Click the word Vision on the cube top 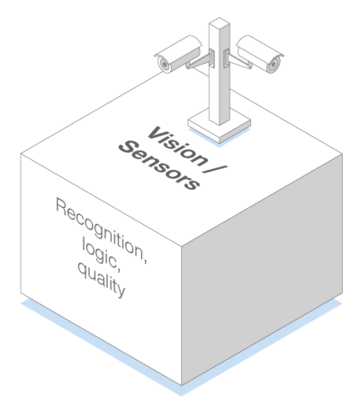pyautogui.click(x=177, y=146)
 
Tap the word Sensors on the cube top pyautogui.click(x=159, y=166)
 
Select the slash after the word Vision pyautogui.click(x=215, y=168)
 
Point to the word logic pyautogui.click(x=102, y=255)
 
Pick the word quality pyautogui.click(x=101, y=279)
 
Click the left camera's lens pyautogui.click(x=164, y=64)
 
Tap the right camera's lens pyautogui.click(x=274, y=64)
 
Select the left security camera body pyautogui.click(x=178, y=54)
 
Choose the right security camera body pyautogui.click(x=260, y=54)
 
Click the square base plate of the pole pyautogui.click(x=220, y=126)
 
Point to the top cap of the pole pyautogui.click(x=220, y=23)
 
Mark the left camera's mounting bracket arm pyautogui.click(x=201, y=60)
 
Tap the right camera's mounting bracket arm pyautogui.click(x=238, y=60)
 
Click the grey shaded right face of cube pyautogui.click(x=262, y=270)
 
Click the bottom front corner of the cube pyautogui.click(x=181, y=385)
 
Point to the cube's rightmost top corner pyautogui.click(x=342, y=154)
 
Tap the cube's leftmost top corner pyautogui.click(x=21, y=154)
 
